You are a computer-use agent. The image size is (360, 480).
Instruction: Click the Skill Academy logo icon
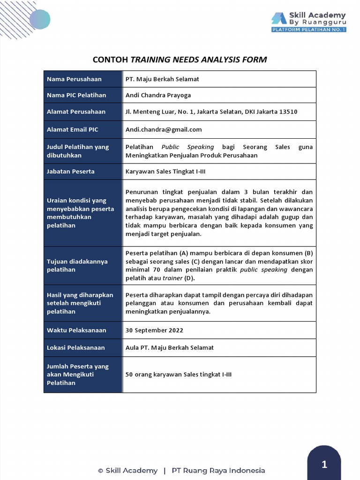click(x=278, y=18)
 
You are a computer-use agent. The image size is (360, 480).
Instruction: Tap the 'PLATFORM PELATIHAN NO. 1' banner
click(x=309, y=30)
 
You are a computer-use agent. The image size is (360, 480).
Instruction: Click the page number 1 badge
click(x=324, y=465)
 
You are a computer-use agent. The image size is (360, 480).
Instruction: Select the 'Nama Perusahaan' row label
click(x=74, y=79)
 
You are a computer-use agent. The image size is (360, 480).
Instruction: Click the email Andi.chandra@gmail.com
click(x=164, y=129)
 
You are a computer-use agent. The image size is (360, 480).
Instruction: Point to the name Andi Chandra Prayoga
click(x=158, y=95)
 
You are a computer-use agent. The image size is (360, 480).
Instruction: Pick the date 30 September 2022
click(x=154, y=330)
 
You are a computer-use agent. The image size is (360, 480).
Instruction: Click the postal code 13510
click(x=288, y=112)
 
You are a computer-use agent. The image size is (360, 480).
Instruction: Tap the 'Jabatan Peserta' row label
click(x=71, y=172)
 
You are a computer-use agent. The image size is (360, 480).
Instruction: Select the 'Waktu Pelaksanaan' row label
click(x=76, y=330)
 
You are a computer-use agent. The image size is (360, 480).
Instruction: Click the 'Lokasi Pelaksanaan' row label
click(x=75, y=347)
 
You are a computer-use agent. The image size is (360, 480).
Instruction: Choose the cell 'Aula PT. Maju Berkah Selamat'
click(x=170, y=347)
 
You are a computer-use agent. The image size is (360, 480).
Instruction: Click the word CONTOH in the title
click(x=110, y=60)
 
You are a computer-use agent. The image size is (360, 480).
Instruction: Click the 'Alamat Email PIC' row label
click(x=73, y=129)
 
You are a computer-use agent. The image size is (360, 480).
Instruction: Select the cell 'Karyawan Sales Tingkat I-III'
click(x=165, y=172)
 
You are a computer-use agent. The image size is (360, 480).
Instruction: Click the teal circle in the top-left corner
click(x=39, y=19)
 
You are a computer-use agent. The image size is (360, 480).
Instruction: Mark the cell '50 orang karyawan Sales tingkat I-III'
click(x=179, y=375)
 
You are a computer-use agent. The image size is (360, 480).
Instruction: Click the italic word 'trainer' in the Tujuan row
click(x=172, y=278)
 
